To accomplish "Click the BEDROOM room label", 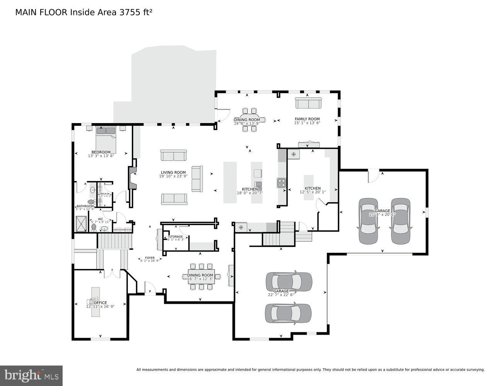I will click(x=101, y=152).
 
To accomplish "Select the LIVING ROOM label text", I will click(x=173, y=173).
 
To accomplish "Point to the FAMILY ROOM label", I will click(x=307, y=119).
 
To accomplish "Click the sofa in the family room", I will click(x=308, y=103).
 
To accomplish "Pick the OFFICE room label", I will click(x=100, y=303).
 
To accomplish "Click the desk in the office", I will click(x=95, y=301).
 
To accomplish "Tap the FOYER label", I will click(x=150, y=258).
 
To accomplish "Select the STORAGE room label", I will click(x=176, y=237).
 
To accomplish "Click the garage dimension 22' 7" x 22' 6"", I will click(x=281, y=295).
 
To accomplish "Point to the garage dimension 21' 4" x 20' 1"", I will click(x=382, y=215).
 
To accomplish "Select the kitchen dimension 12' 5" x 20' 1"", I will click(x=313, y=192).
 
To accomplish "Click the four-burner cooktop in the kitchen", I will click(x=281, y=183).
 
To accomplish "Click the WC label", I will click(x=100, y=219).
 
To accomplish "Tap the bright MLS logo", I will click(x=31, y=375).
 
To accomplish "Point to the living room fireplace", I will click(x=132, y=178).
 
